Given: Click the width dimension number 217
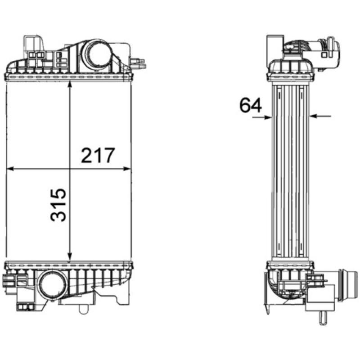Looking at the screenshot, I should tap(98, 156).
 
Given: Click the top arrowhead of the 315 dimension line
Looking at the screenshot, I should tap(70, 85).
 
